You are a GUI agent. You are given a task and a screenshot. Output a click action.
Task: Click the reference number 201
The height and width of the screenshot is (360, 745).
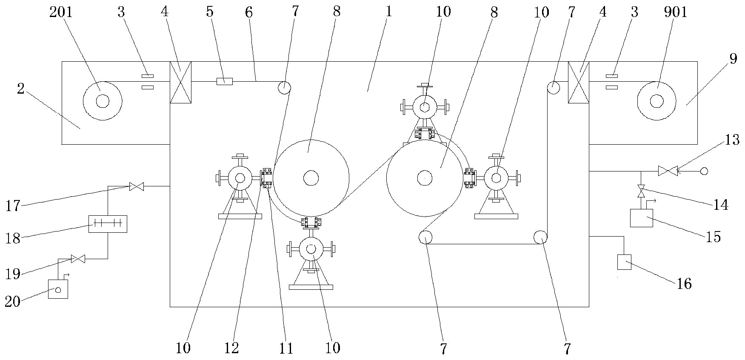point(61,12)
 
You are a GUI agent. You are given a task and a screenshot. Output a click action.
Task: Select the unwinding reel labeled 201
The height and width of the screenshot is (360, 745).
point(103,101)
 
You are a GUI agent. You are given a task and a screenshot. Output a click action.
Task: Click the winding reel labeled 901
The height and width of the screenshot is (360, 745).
point(657,101)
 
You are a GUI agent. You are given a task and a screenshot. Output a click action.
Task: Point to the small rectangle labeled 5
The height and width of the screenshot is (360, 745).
point(224,81)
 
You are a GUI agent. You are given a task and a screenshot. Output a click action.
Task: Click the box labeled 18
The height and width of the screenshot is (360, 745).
point(108,224)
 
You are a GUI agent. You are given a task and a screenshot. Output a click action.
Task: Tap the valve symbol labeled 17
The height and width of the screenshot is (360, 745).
point(137,186)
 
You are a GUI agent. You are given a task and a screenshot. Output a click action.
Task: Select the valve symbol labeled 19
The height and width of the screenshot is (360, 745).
point(78,258)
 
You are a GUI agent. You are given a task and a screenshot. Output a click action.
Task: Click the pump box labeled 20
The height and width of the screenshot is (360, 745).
point(58,289)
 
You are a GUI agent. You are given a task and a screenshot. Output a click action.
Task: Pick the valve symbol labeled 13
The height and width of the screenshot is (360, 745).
point(668,171)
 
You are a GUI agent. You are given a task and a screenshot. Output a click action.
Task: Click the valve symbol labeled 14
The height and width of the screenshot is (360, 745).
point(641,191)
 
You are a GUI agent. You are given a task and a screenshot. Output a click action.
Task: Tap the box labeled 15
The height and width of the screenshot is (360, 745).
point(641,218)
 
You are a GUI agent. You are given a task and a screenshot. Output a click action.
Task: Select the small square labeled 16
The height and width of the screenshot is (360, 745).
point(624,262)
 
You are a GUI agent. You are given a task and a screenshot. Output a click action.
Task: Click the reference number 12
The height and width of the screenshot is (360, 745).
point(232,349)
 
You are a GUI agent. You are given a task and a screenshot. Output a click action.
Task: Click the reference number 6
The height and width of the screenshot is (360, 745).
point(248,12)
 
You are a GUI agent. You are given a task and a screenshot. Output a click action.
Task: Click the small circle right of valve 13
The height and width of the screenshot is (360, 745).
point(704,171)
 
